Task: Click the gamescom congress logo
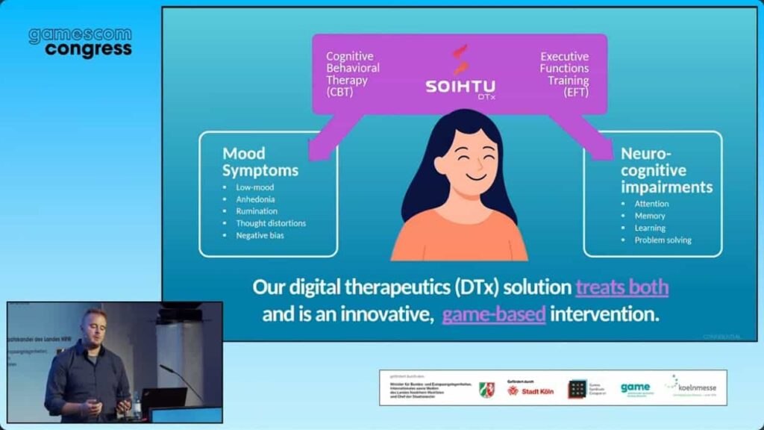[80, 43]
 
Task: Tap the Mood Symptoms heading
[260, 161]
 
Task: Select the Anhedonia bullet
[255, 199]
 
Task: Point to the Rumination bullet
[257, 211]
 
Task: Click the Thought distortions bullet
[271, 223]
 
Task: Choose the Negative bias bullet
[260, 235]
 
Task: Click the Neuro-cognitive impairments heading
[666, 170]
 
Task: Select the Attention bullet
[651, 204]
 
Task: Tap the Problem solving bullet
[663, 240]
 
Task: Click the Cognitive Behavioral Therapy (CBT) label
[353, 74]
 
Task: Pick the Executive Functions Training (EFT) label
[564, 74]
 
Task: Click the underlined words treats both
[621, 287]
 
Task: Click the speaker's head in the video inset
[95, 323]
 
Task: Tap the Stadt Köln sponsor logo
[530, 390]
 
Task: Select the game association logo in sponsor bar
[635, 388]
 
